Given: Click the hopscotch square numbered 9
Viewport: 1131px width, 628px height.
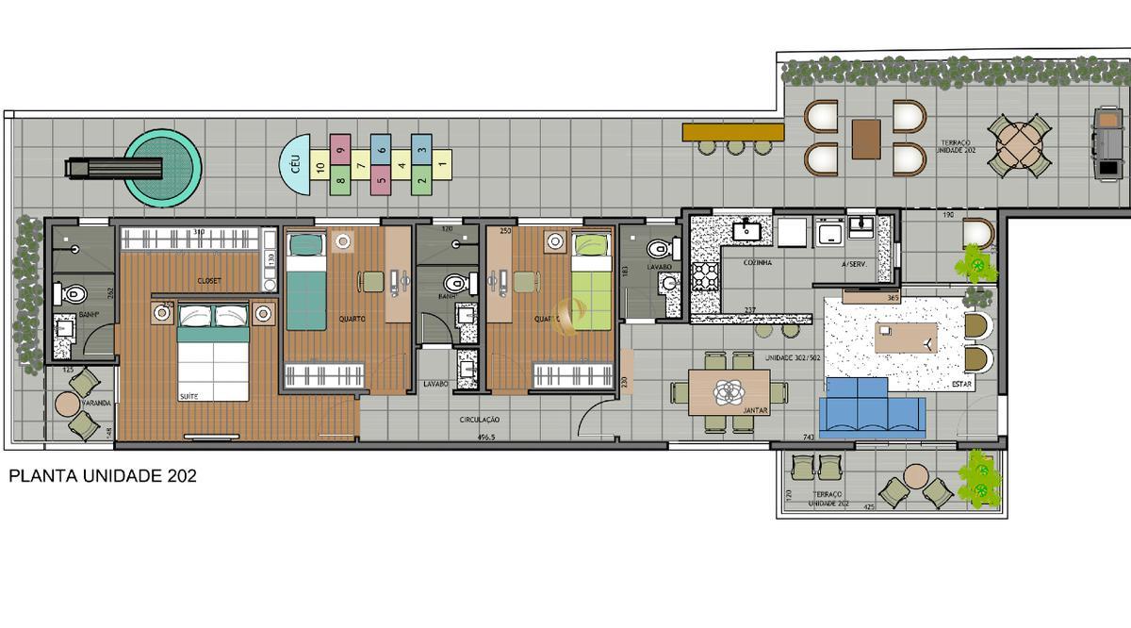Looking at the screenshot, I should pos(341,146).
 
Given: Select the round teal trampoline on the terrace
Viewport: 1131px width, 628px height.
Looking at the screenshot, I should pos(163,168).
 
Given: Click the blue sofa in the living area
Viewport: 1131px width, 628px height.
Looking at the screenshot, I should pos(869,409).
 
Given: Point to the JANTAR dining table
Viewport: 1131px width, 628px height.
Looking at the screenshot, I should pos(729,391).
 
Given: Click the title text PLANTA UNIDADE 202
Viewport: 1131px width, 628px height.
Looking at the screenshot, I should pos(103,477).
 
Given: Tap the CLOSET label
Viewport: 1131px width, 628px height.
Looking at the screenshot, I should pos(209,281).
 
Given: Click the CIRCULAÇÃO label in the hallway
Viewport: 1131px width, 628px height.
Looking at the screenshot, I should pos(480,419).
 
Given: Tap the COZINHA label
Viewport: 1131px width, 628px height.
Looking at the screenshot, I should pos(757,263).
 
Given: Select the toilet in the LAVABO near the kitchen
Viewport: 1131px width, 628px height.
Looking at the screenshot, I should pos(658,250).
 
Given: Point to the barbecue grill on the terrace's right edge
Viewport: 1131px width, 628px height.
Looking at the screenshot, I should pos(1105,144).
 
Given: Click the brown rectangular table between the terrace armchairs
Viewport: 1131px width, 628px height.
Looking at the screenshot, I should pos(865,140).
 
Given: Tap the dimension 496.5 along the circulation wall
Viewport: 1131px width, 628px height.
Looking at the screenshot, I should pos(487,438).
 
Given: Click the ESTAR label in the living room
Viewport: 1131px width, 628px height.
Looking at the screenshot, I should pos(961,385).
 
